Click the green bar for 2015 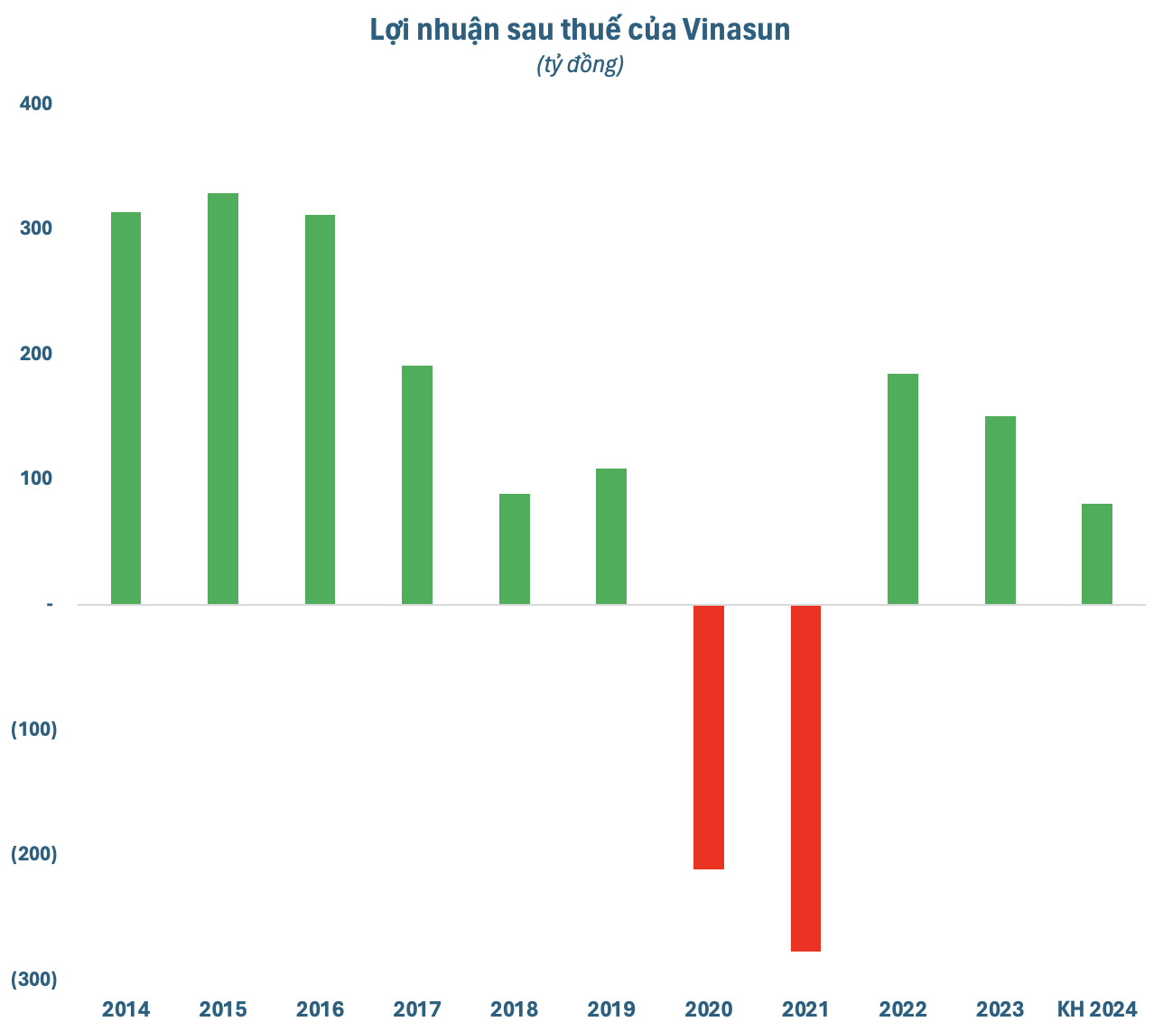coord(223,398)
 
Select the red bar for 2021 coord(805,777)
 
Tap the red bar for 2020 coord(709,737)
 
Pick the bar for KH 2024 coord(1097,553)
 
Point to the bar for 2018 coord(515,549)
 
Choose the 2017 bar coord(417,485)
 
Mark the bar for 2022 coord(903,488)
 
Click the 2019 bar coord(611,536)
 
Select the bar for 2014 coord(126,408)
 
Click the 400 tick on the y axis coord(36,104)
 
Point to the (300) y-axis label coord(34,980)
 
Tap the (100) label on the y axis coord(34,729)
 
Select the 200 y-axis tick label coord(36,354)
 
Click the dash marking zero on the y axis coord(50,604)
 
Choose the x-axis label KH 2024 coord(1097,1008)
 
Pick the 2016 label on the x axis coord(320,1008)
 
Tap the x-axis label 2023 coord(1000,1008)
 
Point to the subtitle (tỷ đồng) coord(581,65)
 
